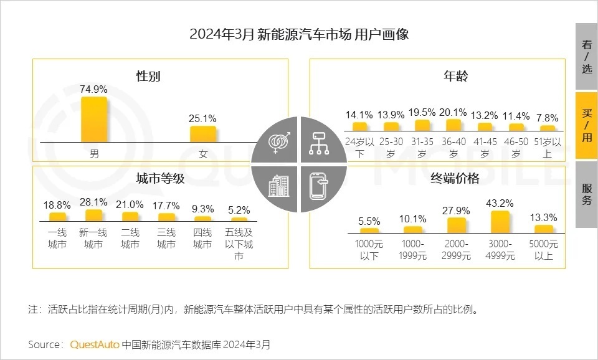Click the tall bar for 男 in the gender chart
click(94, 120)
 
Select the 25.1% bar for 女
click(203, 134)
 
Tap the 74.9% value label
click(94, 89)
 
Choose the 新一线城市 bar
click(93, 216)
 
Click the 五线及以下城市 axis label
click(239, 244)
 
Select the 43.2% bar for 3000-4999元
click(500, 221)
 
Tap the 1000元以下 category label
click(368, 249)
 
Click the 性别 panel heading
click(148, 77)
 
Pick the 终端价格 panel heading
click(455, 178)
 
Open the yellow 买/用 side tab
click(586, 126)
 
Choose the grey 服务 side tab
click(586, 194)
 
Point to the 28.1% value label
click(93, 202)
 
